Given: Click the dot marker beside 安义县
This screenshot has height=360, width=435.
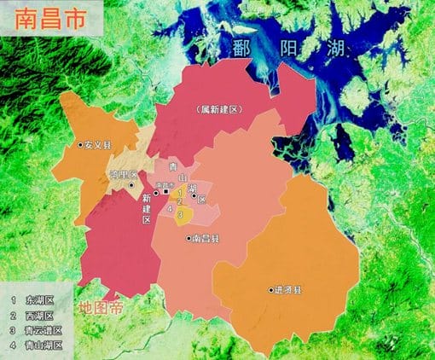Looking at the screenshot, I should pos(80,145).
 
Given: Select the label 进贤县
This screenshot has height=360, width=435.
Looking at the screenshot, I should pos(288,289).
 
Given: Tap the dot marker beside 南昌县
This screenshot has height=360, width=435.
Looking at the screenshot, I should pos(188,238).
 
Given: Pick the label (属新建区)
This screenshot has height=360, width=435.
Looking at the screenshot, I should pos(218,110).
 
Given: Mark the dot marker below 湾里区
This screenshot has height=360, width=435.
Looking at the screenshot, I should pos(131,183).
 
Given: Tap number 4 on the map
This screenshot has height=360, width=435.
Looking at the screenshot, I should pos(169,209).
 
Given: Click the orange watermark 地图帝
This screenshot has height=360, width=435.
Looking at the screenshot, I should pos(100,309).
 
